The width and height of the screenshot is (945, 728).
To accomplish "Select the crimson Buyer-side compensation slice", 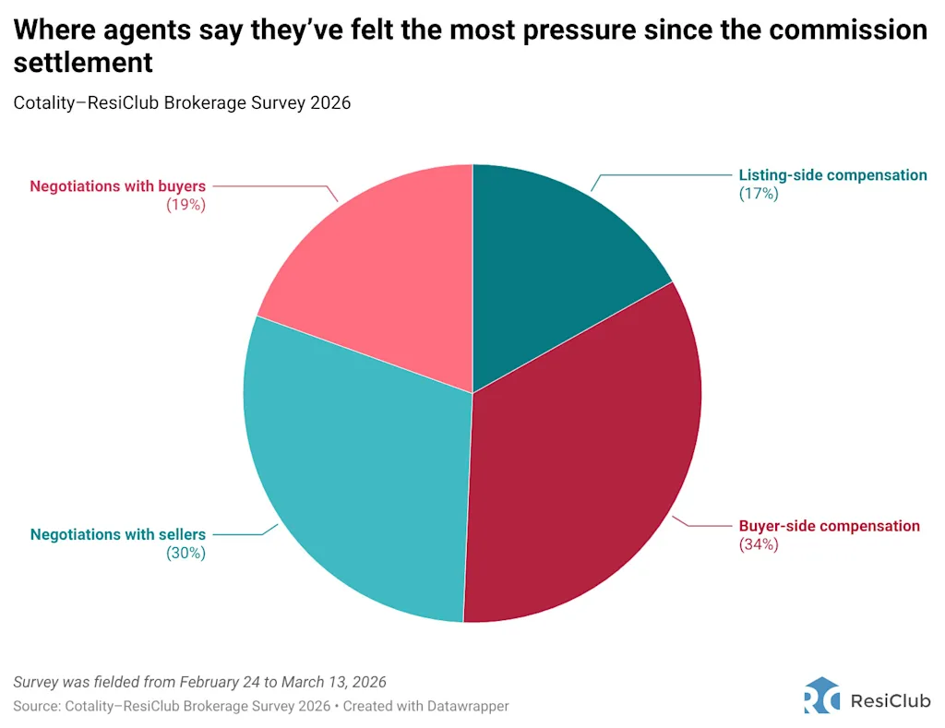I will tap(581, 461).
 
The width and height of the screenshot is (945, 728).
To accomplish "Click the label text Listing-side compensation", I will tap(832, 175).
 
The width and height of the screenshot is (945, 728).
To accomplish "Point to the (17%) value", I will tap(759, 194).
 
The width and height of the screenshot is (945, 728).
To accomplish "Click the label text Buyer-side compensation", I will tap(829, 526).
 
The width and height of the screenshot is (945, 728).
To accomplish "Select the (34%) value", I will tap(759, 544).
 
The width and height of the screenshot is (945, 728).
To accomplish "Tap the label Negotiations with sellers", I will tap(118, 534).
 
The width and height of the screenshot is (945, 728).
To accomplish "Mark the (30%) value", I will tap(185, 553).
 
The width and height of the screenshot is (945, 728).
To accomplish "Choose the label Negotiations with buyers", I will tap(117, 186).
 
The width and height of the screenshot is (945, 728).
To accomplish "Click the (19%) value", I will tap(185, 205).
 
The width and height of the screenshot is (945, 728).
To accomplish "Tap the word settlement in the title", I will tap(83, 63).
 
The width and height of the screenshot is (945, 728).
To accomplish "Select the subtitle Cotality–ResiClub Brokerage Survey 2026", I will tap(182, 102).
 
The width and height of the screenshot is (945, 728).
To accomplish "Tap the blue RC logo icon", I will tap(821, 695).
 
